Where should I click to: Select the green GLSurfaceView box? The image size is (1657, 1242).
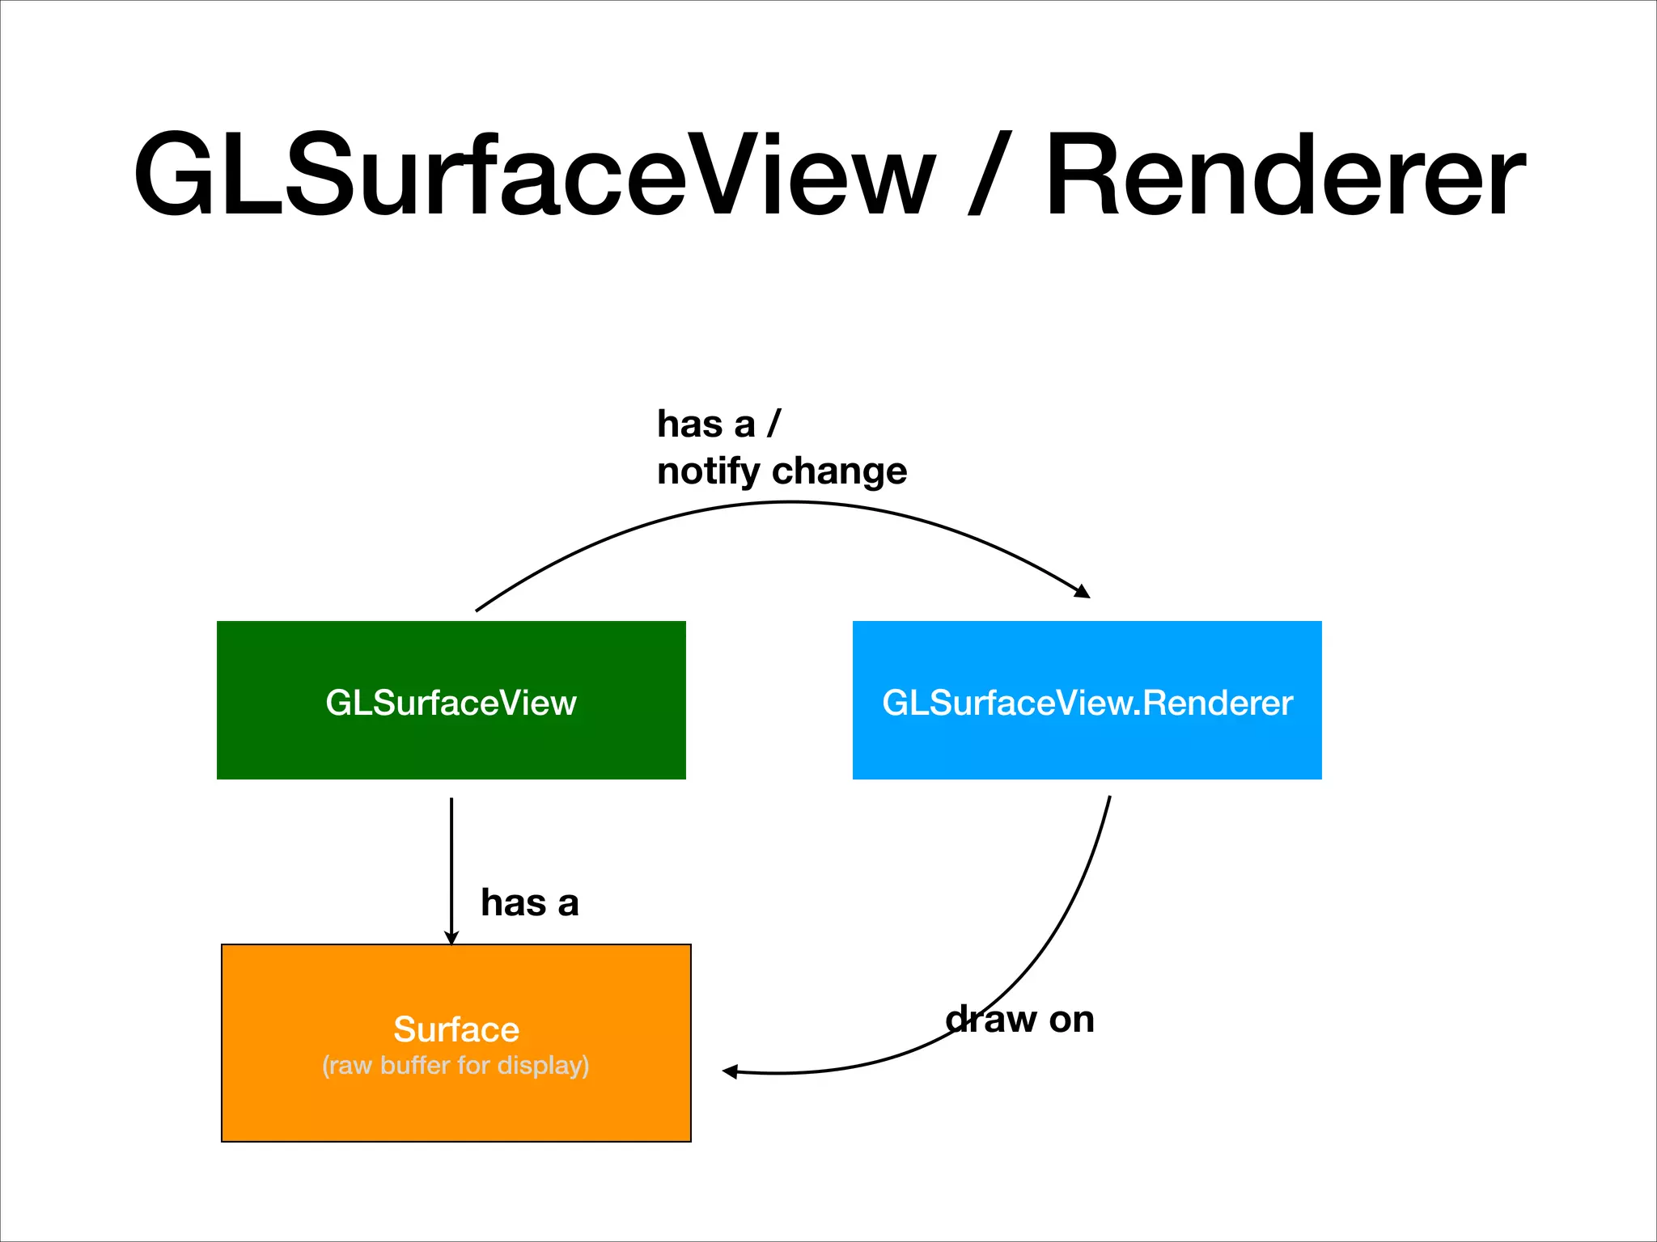tap(451, 744)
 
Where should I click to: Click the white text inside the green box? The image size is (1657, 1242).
tap(451, 703)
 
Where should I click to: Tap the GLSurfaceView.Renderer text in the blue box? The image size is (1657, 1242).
tap(1087, 703)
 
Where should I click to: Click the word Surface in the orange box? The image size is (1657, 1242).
tap(456, 1029)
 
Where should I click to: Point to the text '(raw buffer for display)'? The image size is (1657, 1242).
tap(456, 1066)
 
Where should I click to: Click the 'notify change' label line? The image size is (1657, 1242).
tap(782, 471)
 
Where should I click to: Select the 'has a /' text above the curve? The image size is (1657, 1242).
tap(718, 424)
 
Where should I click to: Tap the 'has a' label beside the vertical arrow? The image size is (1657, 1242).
tap(529, 902)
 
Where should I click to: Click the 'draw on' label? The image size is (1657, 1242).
tap(1019, 1019)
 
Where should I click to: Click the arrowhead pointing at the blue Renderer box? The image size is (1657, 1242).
tap(1082, 591)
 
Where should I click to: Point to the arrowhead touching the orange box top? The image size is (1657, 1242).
tap(451, 937)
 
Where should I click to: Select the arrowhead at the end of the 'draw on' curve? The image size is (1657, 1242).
tap(731, 1071)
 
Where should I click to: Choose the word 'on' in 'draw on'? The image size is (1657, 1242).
tap(1071, 1019)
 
